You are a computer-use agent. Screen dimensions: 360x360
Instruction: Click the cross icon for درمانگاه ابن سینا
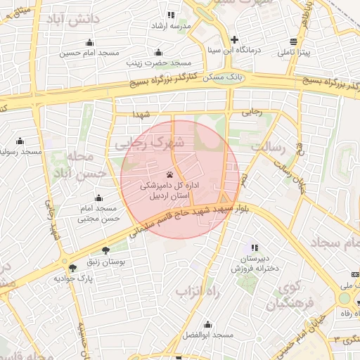(235, 39)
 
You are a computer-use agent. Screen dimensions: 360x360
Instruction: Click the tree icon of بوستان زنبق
(105, 250)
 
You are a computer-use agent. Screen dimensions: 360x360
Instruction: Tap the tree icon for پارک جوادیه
(72, 268)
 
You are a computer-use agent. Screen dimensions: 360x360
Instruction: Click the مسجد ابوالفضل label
(208, 336)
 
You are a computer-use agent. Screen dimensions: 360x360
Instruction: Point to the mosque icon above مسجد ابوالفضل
(208, 325)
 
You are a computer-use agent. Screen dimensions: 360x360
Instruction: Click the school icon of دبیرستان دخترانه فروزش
(254, 247)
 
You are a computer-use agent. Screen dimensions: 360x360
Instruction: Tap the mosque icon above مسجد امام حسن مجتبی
(98, 198)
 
